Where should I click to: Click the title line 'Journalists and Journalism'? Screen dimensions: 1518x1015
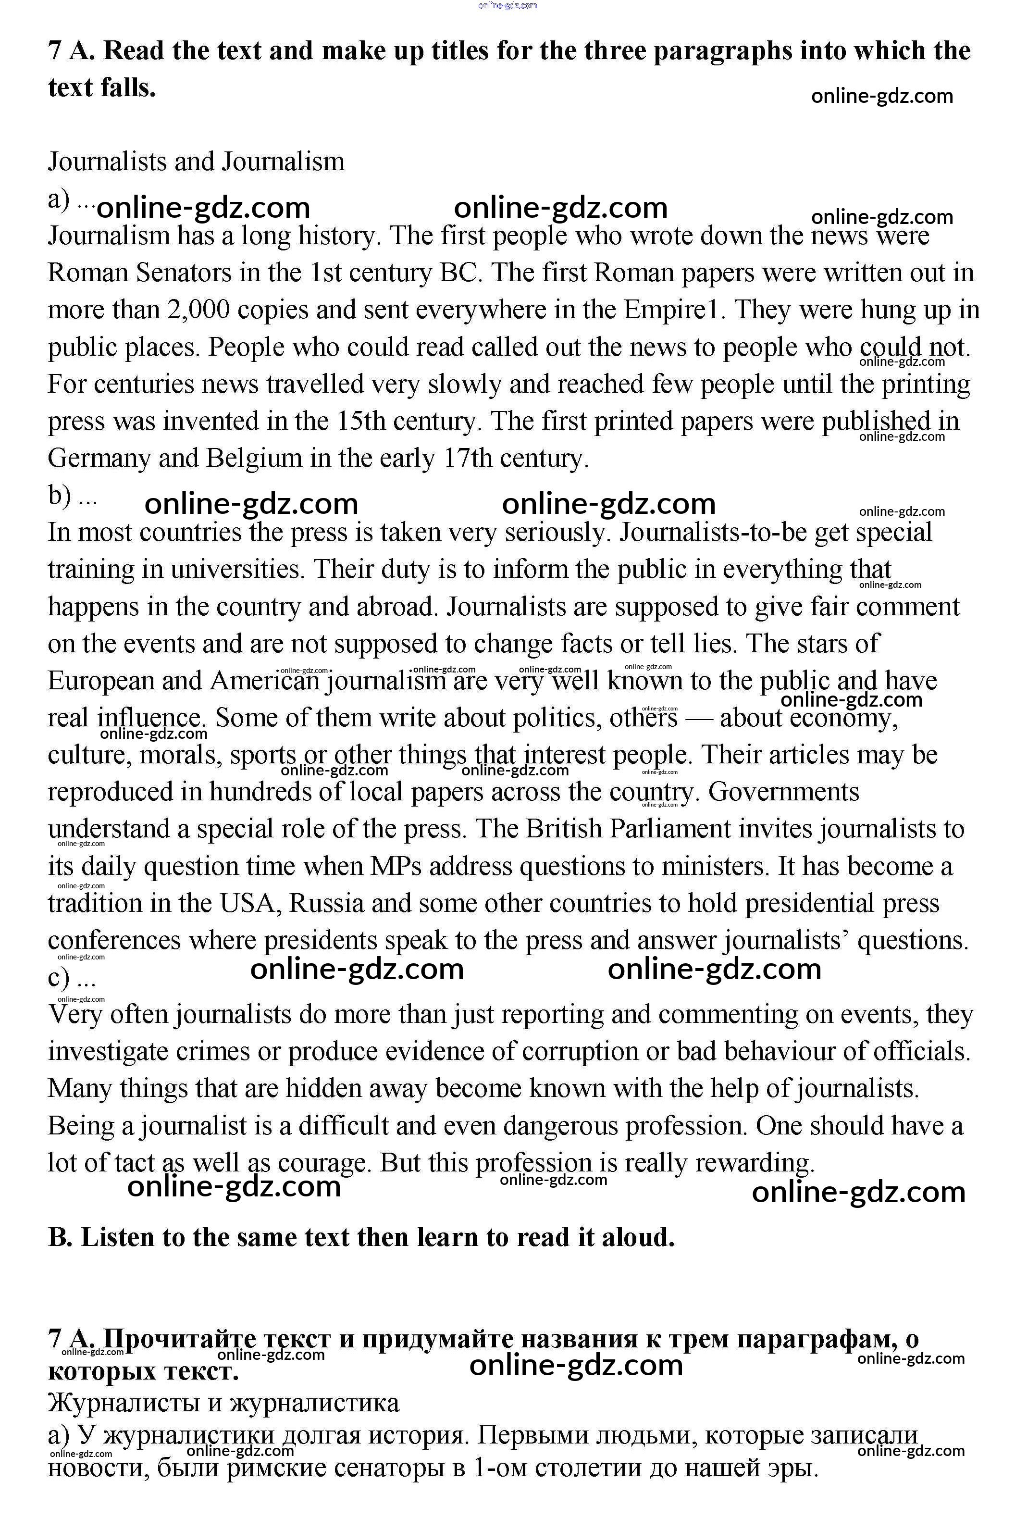(x=196, y=161)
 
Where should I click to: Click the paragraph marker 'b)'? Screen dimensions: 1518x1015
(x=60, y=497)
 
